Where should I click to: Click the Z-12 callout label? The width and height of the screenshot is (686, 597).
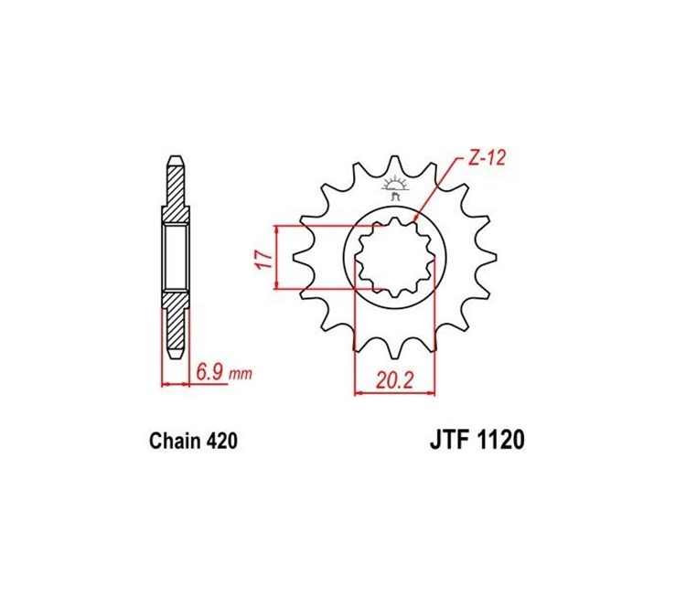click(x=487, y=158)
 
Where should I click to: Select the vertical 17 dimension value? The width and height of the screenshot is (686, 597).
click(x=263, y=259)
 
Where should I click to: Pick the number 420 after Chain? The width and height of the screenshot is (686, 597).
click(x=222, y=441)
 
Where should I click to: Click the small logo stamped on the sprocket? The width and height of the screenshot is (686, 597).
click(x=395, y=188)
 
